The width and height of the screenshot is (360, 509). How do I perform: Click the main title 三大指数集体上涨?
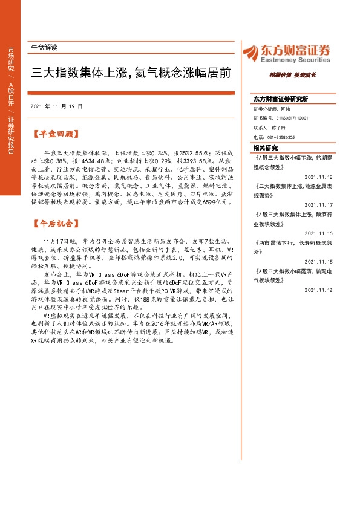131,74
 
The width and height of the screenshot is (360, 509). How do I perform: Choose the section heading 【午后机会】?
54,224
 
